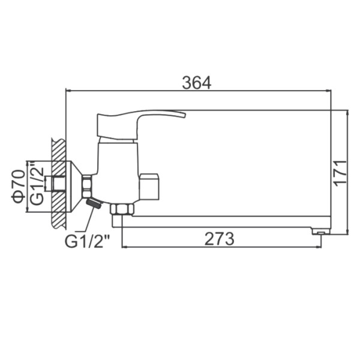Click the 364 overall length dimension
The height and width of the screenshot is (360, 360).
197,83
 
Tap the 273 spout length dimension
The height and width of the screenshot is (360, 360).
219,239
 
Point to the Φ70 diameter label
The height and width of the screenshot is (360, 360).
19,187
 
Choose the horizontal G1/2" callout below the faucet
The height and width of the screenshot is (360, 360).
88,240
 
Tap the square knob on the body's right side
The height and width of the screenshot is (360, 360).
149,187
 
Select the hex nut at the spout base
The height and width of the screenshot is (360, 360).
122,209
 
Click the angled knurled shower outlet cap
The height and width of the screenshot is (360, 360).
94,203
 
